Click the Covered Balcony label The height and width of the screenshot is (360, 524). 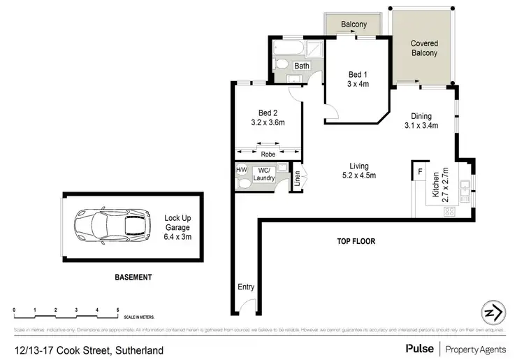tap(424, 48)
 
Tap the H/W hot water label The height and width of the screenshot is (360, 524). tap(242, 170)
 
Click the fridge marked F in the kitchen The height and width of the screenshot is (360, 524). tap(420, 171)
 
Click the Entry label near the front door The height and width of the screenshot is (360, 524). tap(246, 287)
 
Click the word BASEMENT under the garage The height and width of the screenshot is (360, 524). tap(133, 278)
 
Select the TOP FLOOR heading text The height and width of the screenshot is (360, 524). tap(356, 241)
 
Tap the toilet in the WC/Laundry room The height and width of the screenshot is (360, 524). tap(245, 183)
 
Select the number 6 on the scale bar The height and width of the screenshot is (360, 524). tap(118, 308)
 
